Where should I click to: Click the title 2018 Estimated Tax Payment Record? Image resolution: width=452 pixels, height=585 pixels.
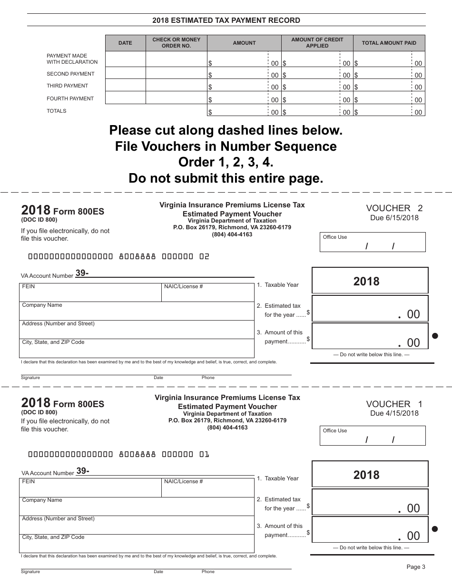click(x=226, y=20)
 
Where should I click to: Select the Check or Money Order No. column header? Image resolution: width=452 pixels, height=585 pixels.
click(x=176, y=43)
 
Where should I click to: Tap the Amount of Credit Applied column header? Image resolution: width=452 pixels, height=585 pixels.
click(x=317, y=43)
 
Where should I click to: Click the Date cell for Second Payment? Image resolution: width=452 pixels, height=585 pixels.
click(x=125, y=73)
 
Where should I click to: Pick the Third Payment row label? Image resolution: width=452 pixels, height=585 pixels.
click(x=67, y=86)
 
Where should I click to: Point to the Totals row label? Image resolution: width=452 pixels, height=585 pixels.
click(x=57, y=111)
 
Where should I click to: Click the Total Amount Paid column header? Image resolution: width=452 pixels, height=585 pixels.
click(x=389, y=43)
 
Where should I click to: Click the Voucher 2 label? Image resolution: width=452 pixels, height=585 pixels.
click(x=394, y=208)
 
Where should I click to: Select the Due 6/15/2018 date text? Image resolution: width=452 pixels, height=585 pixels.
click(x=394, y=218)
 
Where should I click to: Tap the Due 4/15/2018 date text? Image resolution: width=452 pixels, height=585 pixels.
click(x=394, y=413)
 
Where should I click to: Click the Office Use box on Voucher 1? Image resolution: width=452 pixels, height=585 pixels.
click(x=373, y=436)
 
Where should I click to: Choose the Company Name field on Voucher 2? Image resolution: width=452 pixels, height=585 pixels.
click(x=137, y=311)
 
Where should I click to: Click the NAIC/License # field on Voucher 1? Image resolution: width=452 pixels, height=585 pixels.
click(x=208, y=488)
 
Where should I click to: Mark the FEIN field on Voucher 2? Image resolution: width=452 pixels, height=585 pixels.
click(x=90, y=292)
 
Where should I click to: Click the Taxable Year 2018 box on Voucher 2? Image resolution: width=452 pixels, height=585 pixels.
click(x=370, y=281)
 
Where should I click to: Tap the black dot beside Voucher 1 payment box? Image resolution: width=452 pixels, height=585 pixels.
click(x=435, y=529)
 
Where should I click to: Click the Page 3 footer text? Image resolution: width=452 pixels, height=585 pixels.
click(x=415, y=566)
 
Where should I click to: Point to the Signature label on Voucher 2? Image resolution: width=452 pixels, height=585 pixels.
click(x=30, y=378)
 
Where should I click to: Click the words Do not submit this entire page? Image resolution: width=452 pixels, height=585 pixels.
click(x=226, y=178)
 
